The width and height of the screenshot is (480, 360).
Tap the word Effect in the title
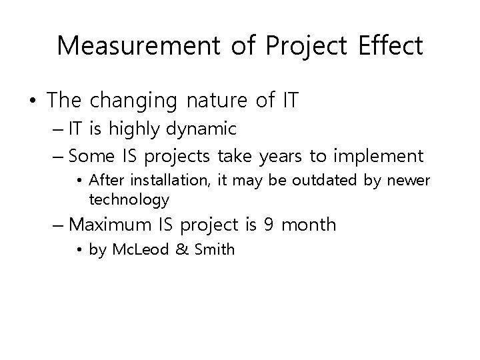point(392,46)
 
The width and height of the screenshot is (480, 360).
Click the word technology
point(129,199)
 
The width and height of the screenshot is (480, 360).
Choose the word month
point(309,225)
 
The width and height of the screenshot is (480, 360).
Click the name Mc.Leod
point(135,251)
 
